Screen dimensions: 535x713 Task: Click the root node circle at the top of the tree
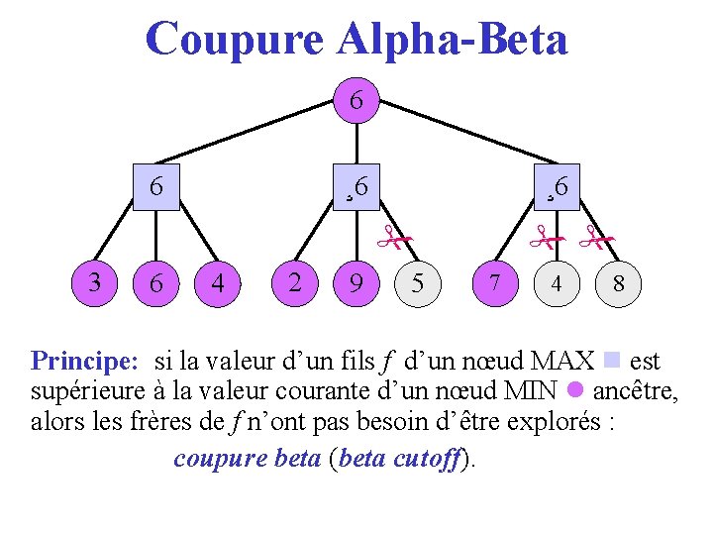[356, 101]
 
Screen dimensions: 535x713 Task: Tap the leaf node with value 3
[94, 282]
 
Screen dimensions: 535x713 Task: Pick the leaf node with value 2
[294, 282]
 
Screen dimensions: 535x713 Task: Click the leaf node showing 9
[356, 283]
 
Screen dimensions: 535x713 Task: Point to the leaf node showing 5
[418, 284]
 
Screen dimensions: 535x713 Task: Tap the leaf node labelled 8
[618, 284]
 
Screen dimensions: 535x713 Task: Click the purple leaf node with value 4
[218, 283]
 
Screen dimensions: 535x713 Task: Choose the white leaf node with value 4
[557, 284]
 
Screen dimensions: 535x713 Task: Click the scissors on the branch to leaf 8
[595, 236]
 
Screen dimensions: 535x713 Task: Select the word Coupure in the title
[234, 40]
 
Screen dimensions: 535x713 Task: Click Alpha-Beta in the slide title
[453, 40]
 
